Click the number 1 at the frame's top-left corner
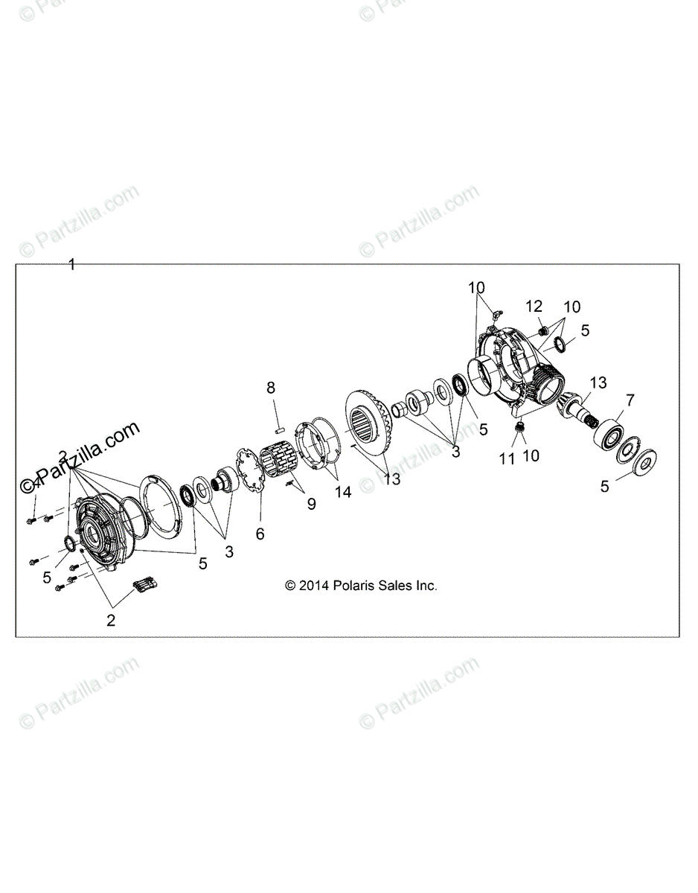pyautogui.click(x=72, y=264)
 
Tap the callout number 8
pyautogui.click(x=271, y=387)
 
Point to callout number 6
pyautogui.click(x=260, y=534)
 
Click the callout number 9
pyautogui.click(x=311, y=505)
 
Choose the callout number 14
pyautogui.click(x=343, y=492)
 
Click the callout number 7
pyautogui.click(x=630, y=400)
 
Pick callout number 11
pyautogui.click(x=508, y=459)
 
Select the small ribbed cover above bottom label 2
pyautogui.click(x=146, y=586)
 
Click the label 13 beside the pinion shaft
pyautogui.click(x=598, y=383)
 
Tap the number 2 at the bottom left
pyautogui.click(x=111, y=621)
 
